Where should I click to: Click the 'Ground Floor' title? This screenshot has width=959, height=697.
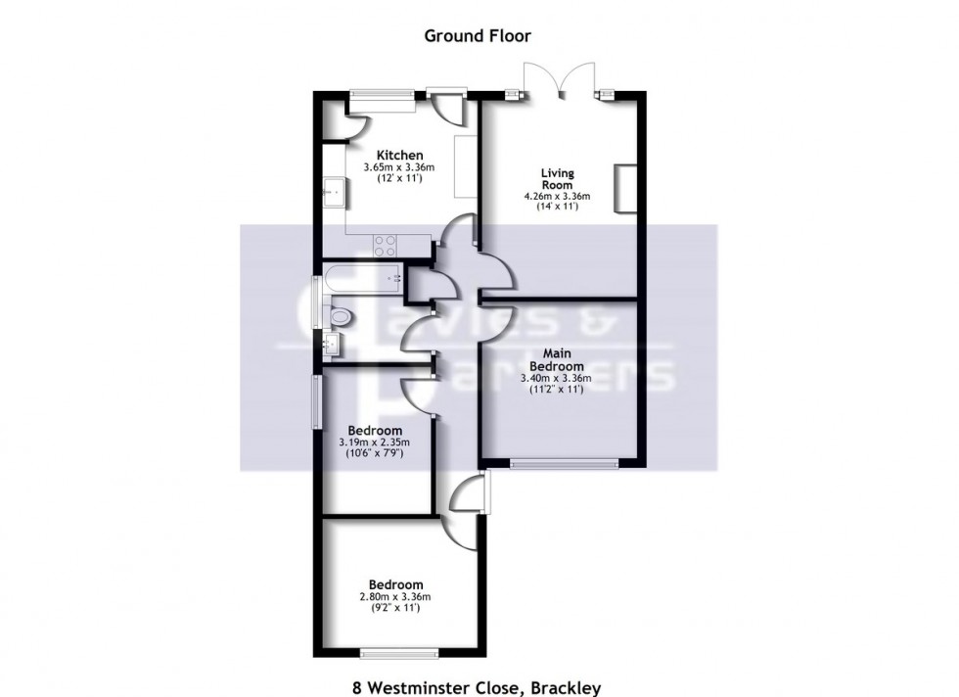click(477, 36)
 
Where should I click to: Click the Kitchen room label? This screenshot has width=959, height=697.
click(399, 155)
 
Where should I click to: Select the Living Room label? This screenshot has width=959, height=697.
click(558, 180)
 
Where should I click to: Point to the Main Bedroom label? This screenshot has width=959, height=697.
click(557, 360)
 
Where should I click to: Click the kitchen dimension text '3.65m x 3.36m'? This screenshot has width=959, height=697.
click(399, 167)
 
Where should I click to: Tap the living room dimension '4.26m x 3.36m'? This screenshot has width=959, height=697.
click(558, 196)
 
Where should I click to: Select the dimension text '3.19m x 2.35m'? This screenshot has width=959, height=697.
click(375, 443)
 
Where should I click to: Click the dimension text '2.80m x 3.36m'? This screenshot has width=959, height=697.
click(397, 596)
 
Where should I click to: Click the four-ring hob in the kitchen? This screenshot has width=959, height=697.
click(386, 246)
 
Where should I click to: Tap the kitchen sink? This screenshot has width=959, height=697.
click(331, 192)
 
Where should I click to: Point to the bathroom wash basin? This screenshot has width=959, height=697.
click(332, 344)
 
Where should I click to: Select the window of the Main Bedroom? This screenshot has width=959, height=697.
click(564, 461)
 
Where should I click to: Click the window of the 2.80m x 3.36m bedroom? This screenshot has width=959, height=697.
click(398, 653)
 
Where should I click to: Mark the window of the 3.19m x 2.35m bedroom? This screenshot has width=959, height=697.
click(315, 400)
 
